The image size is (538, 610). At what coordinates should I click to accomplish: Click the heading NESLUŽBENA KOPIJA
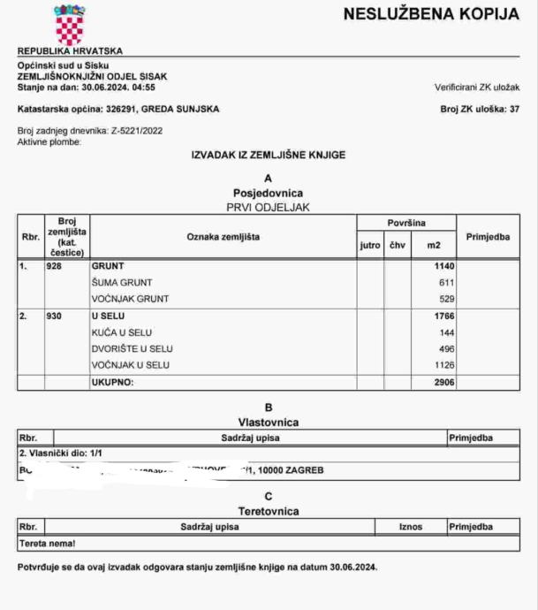(430, 15)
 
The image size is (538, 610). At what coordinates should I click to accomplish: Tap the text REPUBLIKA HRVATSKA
(70, 51)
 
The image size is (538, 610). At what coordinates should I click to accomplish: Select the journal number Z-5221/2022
(137, 131)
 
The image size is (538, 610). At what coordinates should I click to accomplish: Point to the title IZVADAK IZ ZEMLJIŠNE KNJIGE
(268, 155)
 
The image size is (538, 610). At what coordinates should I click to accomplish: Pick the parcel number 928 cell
(55, 265)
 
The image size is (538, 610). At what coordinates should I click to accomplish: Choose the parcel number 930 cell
(55, 316)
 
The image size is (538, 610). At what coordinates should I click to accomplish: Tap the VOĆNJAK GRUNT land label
(130, 299)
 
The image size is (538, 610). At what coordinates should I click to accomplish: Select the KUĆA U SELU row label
(125, 332)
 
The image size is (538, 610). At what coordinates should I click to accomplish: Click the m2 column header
(433, 245)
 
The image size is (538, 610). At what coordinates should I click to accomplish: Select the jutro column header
(370, 245)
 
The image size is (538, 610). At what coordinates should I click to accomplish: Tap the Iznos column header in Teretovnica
(409, 527)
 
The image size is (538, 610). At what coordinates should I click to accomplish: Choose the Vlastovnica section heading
(268, 423)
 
